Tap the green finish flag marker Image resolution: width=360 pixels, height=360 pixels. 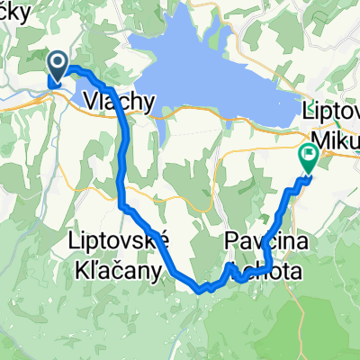point(310,157)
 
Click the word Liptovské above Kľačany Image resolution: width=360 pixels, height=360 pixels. point(118,242)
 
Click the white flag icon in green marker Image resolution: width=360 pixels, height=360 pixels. point(310,154)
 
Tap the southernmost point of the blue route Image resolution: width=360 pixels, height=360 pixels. point(200,290)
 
